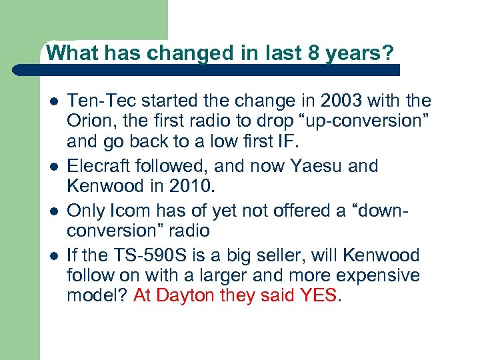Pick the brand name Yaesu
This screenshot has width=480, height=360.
tap(305, 165)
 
